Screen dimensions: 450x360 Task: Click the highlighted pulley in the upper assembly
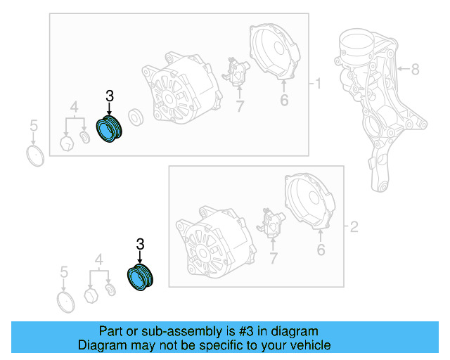tap(109, 129)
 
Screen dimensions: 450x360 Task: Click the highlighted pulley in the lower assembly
tap(140, 277)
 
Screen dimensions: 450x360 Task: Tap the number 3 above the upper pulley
tap(110, 96)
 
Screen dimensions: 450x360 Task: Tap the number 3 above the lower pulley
tap(140, 244)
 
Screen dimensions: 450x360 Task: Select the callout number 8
tap(416, 69)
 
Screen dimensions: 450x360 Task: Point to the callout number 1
tap(318, 84)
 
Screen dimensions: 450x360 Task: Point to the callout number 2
tap(354, 227)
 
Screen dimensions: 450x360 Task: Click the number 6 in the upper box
tap(284, 100)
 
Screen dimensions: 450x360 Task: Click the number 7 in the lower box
tap(274, 258)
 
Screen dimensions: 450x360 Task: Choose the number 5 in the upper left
tap(34, 126)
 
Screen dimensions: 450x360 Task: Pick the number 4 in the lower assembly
tap(98, 260)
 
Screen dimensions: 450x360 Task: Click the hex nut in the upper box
tap(67, 143)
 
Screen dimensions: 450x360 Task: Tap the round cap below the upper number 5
tap(35, 156)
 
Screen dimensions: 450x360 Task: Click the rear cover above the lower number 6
tap(310, 201)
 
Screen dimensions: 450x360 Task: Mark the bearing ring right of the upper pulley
tap(136, 117)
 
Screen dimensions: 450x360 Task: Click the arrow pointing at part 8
tap(404, 69)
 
